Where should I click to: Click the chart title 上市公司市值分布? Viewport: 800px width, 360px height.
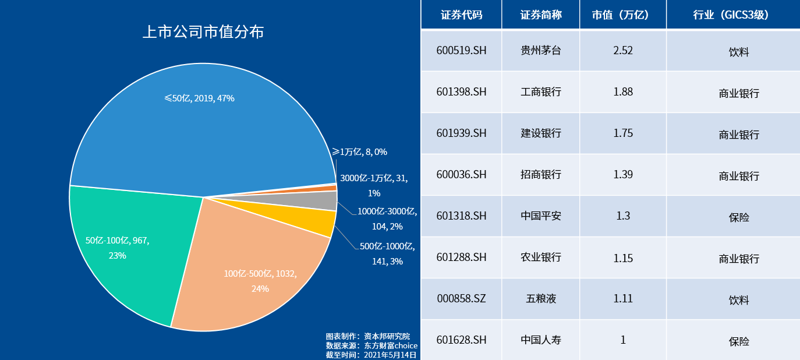tap(203, 31)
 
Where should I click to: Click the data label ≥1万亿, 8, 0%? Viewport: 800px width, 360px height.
tap(359, 152)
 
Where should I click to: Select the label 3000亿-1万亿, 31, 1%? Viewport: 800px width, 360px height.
tap(374, 185)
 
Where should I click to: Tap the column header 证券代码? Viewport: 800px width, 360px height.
tap(461, 15)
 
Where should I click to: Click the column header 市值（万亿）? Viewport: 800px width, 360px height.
tap(622, 15)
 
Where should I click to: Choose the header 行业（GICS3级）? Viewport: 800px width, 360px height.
tap(732, 15)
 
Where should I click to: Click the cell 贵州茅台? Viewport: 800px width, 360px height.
tap(540, 50)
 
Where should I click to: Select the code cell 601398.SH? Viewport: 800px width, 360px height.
tap(461, 91)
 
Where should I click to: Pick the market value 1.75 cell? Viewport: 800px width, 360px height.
tap(622, 133)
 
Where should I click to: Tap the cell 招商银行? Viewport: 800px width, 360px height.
tap(540, 174)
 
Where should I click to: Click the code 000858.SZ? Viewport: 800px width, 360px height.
tap(461, 298)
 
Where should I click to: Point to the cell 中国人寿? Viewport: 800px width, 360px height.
tap(540, 340)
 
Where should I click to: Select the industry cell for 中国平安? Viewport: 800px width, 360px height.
tap(738, 217)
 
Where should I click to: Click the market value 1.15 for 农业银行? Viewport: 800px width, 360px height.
tap(622, 257)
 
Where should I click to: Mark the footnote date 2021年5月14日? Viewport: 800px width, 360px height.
tap(390, 354)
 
